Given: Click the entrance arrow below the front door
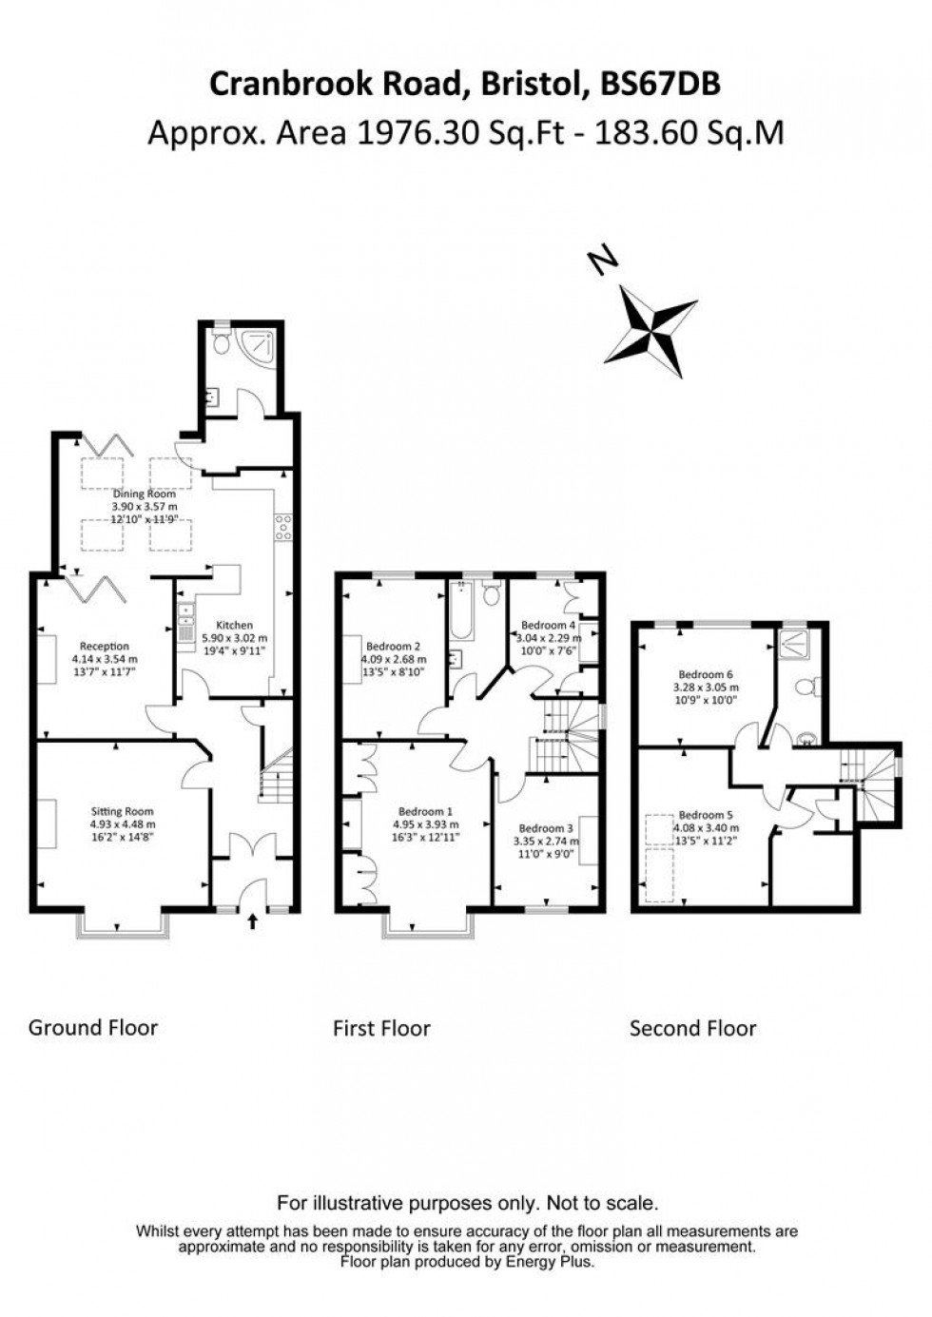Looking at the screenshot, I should point(252,920).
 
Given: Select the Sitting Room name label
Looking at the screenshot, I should point(123,811).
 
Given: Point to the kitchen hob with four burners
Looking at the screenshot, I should point(282,527).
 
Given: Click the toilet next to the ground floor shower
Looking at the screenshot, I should point(222,344).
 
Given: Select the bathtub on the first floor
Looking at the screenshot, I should point(459,611).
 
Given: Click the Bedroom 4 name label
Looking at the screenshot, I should point(548,625).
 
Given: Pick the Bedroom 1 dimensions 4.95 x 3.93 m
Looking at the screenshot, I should point(426,824).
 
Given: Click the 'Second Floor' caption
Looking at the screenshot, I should point(692,1028).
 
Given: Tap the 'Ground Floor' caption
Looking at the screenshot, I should point(93,1027).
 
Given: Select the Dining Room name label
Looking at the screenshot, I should point(145,494).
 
